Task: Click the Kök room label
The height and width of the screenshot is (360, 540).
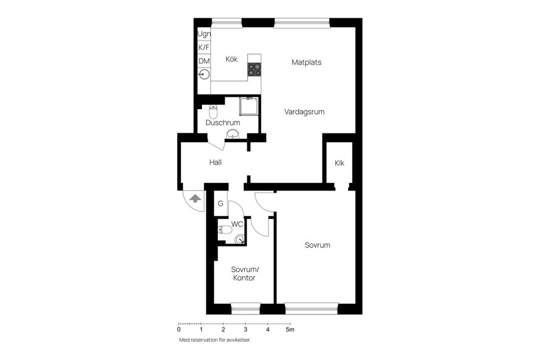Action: click(231, 59)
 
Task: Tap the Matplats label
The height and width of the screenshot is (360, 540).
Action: click(307, 62)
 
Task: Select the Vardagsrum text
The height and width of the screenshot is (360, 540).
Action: click(304, 112)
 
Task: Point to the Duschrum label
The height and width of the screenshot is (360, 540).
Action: click(223, 123)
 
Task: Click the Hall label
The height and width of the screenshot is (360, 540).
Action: click(215, 163)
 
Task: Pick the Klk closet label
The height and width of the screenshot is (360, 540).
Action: click(339, 163)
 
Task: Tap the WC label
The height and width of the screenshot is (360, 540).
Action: click(237, 224)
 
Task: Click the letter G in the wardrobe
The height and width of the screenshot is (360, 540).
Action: click(221, 204)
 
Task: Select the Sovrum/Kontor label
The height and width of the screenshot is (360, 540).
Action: click(244, 273)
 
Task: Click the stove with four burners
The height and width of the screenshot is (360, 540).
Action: click(255, 69)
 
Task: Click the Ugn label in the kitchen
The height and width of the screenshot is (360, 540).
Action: click(204, 34)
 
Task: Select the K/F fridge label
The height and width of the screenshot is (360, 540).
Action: click(204, 48)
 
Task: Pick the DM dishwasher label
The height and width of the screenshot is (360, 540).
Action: click(204, 61)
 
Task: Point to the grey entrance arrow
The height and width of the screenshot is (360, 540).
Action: click(195, 198)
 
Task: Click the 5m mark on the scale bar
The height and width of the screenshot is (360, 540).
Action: click(290, 330)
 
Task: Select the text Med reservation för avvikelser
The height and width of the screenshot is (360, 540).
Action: click(214, 340)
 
